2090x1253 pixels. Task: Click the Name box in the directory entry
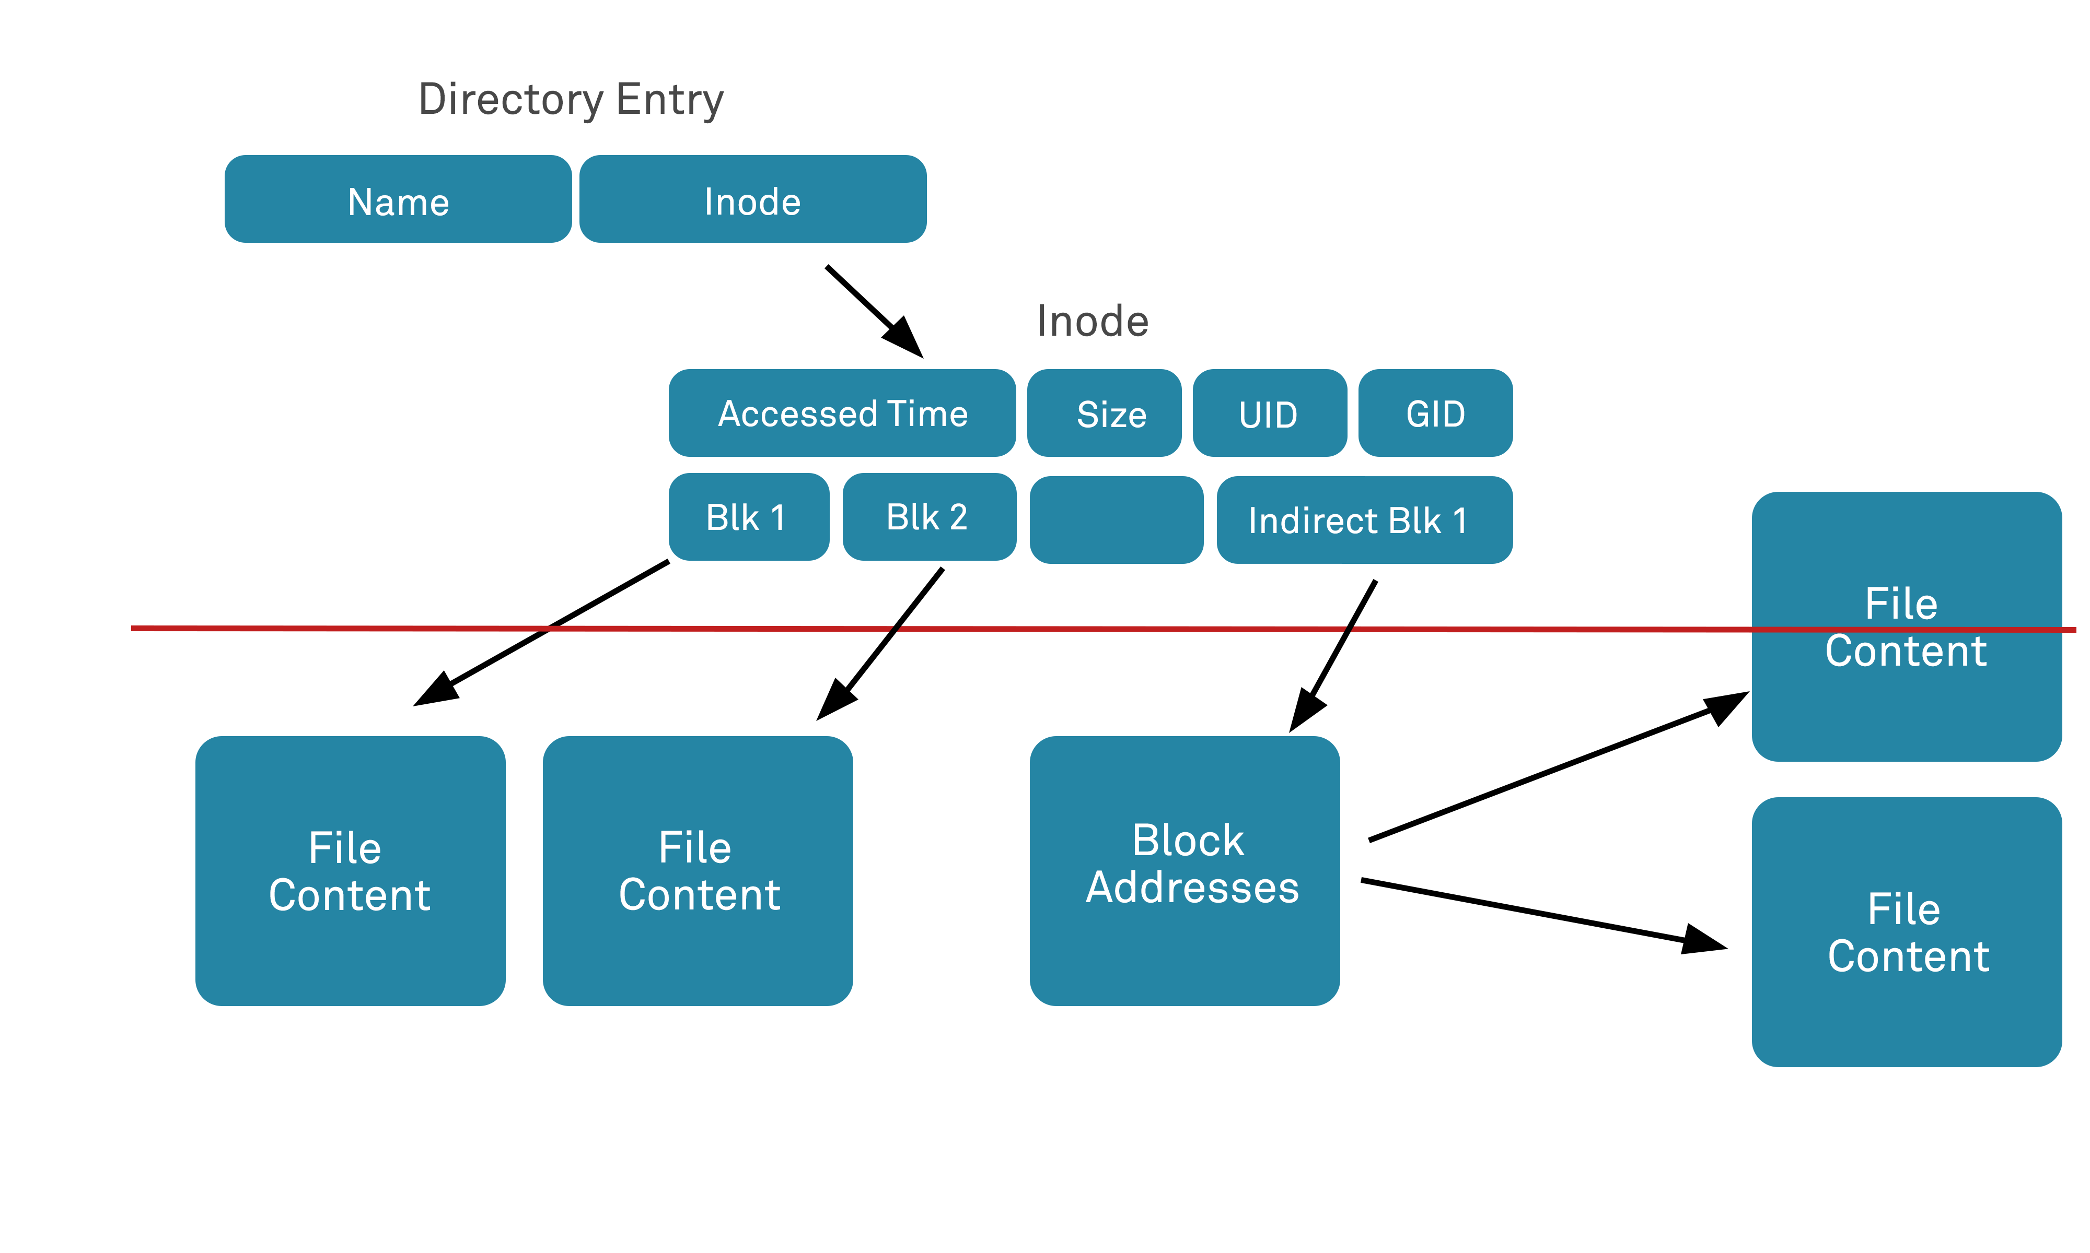coord(398,199)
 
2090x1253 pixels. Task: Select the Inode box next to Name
coord(753,199)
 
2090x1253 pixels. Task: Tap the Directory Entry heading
coord(571,100)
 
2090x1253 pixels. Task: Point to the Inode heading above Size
coord(1093,322)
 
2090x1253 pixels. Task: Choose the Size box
coord(1104,413)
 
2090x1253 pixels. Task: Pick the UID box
coord(1269,413)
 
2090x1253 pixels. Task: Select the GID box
coord(1434,413)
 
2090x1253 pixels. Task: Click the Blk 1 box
coord(748,517)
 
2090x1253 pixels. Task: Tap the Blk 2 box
coord(928,517)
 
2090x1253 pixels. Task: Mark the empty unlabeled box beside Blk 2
coord(1116,520)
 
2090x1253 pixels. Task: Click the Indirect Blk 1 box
coord(1364,520)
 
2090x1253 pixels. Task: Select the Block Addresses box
coord(1185,870)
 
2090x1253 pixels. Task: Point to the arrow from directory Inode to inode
coord(870,308)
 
